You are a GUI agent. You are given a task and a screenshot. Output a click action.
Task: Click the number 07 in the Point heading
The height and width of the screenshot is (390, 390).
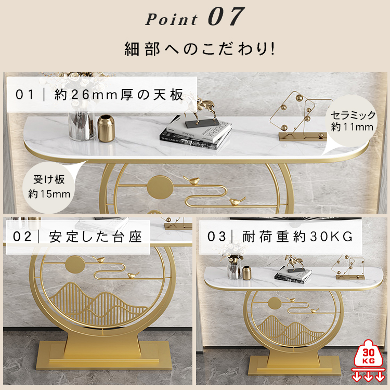[226, 17]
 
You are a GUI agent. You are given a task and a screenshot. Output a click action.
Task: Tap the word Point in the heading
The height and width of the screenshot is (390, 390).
[172, 19]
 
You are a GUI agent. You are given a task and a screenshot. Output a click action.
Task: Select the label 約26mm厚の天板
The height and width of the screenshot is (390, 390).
[119, 95]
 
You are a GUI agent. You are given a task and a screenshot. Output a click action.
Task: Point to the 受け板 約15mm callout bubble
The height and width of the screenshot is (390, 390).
[49, 187]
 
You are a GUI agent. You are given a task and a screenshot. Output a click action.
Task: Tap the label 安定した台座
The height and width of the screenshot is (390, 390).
[95, 237]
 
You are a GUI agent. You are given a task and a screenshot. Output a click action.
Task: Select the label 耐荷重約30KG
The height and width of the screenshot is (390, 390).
[297, 236]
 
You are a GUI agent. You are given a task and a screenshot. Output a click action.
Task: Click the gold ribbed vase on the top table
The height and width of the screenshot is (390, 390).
[106, 128]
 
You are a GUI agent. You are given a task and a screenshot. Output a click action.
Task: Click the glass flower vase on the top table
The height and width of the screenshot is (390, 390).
[82, 126]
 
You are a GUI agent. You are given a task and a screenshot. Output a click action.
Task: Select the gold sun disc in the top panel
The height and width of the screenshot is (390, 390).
[160, 187]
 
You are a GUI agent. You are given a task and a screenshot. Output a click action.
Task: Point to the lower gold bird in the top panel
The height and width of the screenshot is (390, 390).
[237, 201]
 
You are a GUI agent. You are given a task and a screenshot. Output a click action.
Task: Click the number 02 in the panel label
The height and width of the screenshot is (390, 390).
[22, 237]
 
